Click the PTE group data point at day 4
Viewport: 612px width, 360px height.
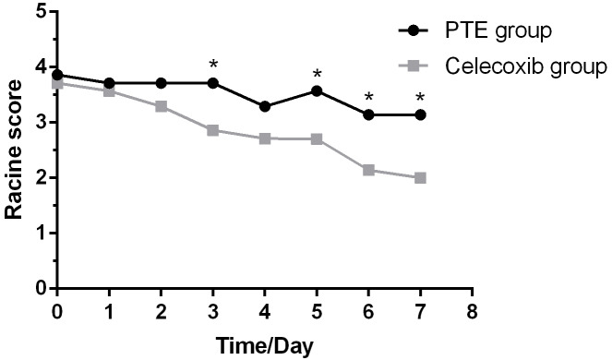[x=265, y=106]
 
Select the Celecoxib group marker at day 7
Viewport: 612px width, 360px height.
[x=420, y=177]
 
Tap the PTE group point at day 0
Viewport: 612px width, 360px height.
[x=57, y=75]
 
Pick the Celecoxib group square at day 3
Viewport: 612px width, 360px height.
[x=213, y=130]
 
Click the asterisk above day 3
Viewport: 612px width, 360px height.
[x=213, y=65]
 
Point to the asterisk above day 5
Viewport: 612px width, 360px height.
[x=317, y=75]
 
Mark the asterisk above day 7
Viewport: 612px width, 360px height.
[x=420, y=98]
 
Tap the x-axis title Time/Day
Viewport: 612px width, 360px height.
[x=265, y=347]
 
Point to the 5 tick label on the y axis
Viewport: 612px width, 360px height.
[x=40, y=12]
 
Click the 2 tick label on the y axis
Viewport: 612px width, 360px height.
[x=40, y=177]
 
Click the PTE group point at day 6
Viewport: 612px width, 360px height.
[x=368, y=114]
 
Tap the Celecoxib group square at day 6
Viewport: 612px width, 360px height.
[x=368, y=170]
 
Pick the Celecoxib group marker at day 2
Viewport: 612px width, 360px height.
[x=162, y=106]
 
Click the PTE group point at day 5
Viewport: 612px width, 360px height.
[x=317, y=90]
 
